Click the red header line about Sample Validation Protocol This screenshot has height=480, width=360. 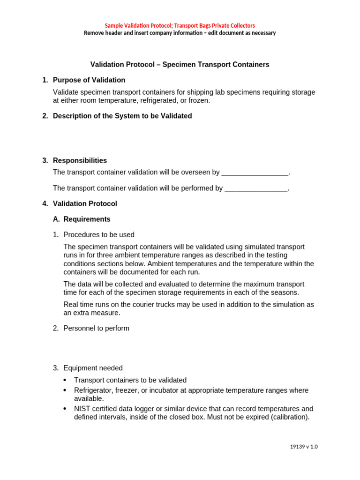180,25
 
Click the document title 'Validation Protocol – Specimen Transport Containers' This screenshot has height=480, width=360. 180,65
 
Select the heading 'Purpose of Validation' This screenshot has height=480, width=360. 89,80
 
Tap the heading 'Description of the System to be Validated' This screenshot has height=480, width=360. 122,116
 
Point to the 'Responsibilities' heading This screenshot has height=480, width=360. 80,160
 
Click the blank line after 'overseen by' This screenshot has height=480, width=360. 255,172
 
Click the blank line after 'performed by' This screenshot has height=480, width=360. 256,188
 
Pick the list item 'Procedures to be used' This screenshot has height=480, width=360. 99,235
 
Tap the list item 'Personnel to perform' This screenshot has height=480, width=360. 96,328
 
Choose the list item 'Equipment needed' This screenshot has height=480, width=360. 93,368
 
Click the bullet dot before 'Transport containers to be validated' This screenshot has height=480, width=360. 65,380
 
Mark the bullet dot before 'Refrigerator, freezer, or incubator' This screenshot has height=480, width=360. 65,390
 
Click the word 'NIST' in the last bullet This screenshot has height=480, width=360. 82,409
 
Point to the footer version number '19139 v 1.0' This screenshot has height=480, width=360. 304,447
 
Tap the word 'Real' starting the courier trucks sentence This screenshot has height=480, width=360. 71,304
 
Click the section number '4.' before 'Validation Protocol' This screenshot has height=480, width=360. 45,204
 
